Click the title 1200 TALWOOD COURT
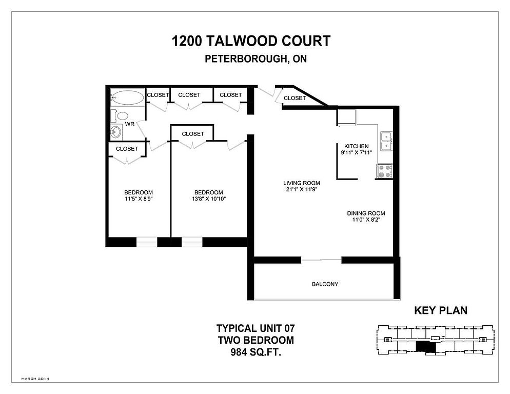(251, 41)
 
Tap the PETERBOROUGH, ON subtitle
(256, 59)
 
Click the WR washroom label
(130, 124)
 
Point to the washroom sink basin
(116, 132)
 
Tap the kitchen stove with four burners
(385, 171)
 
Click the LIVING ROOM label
(302, 183)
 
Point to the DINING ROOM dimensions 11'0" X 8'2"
(366, 220)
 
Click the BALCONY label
(325, 284)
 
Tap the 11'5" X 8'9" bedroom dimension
(138, 199)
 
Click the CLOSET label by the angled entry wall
(295, 98)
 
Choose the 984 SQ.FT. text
(256, 352)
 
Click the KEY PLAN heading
(440, 310)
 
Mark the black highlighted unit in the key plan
(425, 347)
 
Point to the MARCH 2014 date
(35, 379)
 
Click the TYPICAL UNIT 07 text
(256, 328)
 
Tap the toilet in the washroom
(121, 115)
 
